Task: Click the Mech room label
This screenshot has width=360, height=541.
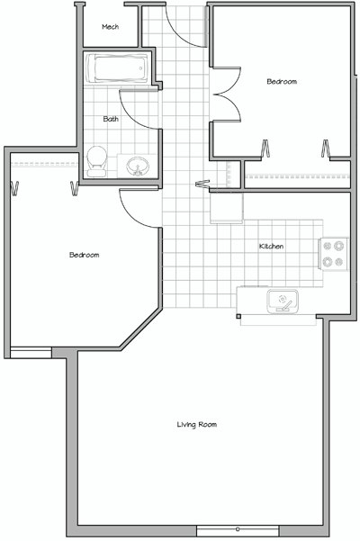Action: pyautogui.click(x=111, y=27)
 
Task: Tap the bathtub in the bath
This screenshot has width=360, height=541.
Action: pyautogui.click(x=117, y=68)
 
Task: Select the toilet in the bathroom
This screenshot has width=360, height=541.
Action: pyautogui.click(x=96, y=161)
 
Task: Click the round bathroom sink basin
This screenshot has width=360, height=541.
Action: pyautogui.click(x=138, y=166)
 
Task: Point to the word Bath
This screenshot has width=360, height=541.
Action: pyautogui.click(x=111, y=119)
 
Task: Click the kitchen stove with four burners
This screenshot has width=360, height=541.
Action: pyautogui.click(x=333, y=254)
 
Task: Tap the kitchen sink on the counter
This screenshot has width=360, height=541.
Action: pyautogui.click(x=283, y=302)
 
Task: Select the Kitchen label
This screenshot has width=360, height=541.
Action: pyautogui.click(x=272, y=247)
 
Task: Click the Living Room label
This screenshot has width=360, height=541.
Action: pyautogui.click(x=197, y=424)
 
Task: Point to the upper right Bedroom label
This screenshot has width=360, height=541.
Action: pyautogui.click(x=282, y=82)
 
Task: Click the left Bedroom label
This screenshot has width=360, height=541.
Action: pyautogui.click(x=84, y=255)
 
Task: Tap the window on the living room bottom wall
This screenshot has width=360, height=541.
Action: pyautogui.click(x=238, y=530)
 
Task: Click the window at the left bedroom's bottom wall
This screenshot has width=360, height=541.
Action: pyautogui.click(x=31, y=353)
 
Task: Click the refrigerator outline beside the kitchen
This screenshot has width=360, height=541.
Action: pyautogui.click(x=227, y=208)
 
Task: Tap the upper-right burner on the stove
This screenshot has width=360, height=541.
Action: pyautogui.click(x=339, y=246)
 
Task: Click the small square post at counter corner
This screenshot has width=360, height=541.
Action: pyautogui.click(x=238, y=316)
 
